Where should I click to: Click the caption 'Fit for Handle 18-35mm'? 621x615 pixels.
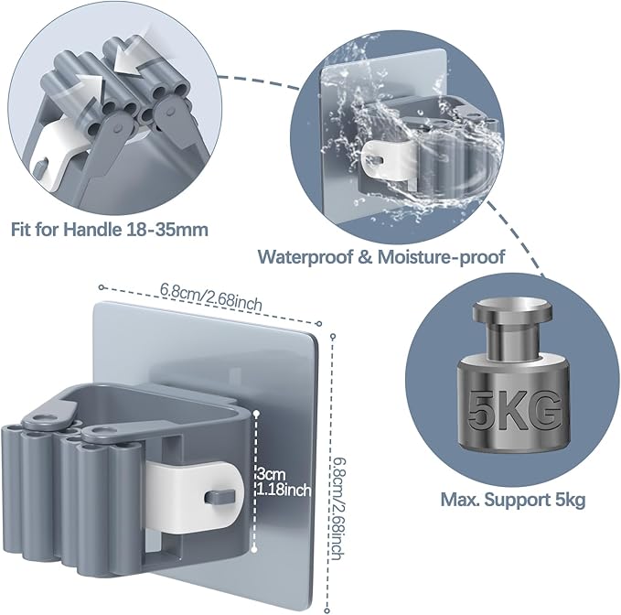point(110,230)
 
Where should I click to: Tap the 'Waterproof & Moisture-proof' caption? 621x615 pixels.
point(381,257)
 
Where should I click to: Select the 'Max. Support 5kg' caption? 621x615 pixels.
point(513,500)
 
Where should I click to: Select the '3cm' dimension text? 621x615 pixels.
point(272,474)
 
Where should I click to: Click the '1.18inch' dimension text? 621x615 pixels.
point(284,491)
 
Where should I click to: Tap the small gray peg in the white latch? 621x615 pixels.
point(219,497)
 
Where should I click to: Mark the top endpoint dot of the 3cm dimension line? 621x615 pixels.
point(256,414)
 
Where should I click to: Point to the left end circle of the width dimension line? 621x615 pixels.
point(102,287)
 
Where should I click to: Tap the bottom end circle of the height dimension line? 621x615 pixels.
point(327,611)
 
